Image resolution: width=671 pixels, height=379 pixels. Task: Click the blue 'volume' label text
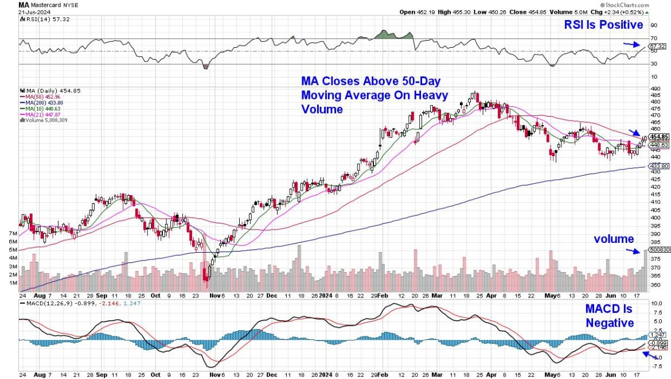click(x=614, y=239)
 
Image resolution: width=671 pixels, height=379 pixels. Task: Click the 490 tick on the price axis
click(x=654, y=88)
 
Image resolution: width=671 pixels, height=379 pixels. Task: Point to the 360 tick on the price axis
click(x=654, y=285)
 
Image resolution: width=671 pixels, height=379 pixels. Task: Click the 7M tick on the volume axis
click(x=12, y=234)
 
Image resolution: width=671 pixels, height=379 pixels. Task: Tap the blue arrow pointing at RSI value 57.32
click(x=630, y=44)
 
